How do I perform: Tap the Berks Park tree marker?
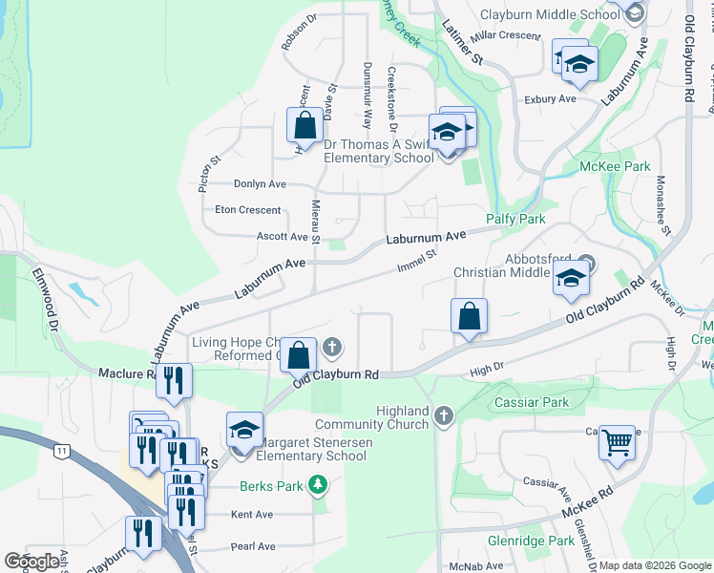(319, 486)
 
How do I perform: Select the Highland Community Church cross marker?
(443, 415)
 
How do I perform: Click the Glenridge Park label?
(530, 541)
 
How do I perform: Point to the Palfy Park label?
(516, 220)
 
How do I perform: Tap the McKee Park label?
(616, 166)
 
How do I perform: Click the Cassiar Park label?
(532, 403)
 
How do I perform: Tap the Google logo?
(32, 562)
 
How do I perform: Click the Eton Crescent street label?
(248, 210)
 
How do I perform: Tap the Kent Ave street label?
(252, 515)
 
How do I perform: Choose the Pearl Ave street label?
(252, 547)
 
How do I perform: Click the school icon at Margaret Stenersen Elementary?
(244, 430)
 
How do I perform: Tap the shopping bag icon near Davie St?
(304, 125)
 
